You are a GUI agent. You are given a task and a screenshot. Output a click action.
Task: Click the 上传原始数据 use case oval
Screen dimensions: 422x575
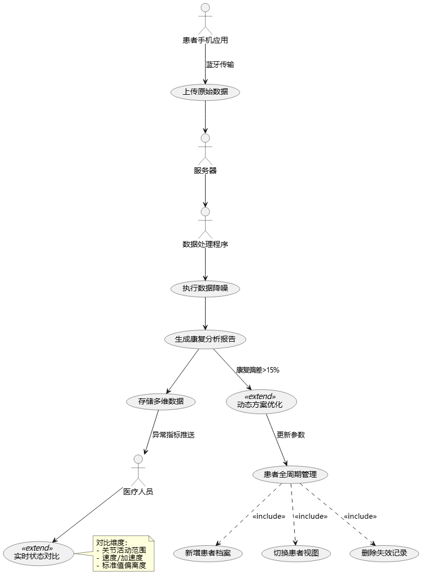[x=205, y=92]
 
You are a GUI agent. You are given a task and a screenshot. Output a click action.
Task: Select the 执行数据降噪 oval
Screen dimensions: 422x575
[x=205, y=289]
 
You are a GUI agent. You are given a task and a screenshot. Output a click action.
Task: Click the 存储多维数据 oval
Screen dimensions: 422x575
[x=161, y=402]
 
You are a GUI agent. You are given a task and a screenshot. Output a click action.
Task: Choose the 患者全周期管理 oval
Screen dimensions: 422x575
[x=291, y=475]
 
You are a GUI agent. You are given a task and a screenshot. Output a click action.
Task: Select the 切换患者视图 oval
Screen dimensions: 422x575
[x=296, y=553]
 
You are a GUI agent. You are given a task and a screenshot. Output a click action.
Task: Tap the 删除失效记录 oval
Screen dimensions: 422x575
[x=384, y=553]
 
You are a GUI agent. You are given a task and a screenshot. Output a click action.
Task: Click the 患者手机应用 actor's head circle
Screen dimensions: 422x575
[x=205, y=8]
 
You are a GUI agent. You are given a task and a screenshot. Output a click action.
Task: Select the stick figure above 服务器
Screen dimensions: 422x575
[x=205, y=149]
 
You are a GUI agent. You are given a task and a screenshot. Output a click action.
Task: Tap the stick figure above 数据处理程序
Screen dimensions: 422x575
[x=205, y=223]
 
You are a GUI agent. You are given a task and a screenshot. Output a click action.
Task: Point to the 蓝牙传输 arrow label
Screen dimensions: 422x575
[x=220, y=64]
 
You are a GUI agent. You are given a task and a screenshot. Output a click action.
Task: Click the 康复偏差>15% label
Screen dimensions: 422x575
[x=258, y=370]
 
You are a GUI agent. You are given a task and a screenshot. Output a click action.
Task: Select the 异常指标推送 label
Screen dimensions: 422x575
[x=173, y=435]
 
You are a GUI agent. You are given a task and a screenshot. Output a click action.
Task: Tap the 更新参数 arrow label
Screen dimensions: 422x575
[x=291, y=435]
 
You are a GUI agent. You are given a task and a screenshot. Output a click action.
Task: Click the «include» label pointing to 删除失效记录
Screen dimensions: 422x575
[x=360, y=517]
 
